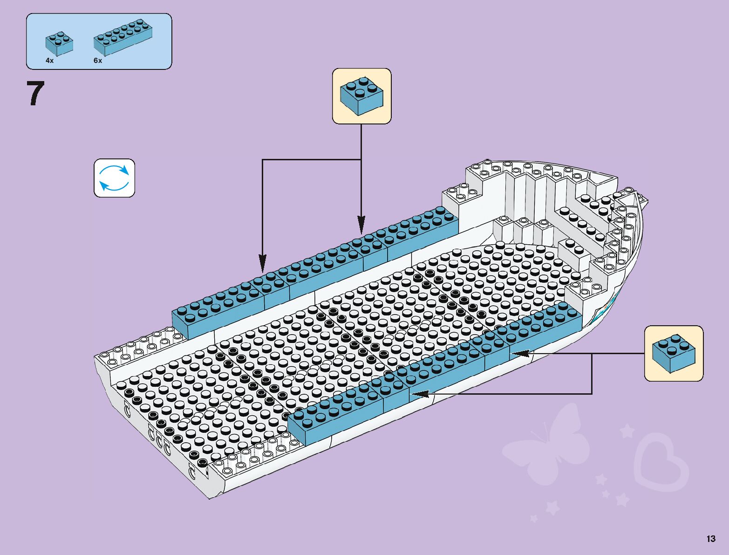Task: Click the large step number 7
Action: pos(35,93)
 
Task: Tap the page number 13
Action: pos(710,539)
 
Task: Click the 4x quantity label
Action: pos(49,61)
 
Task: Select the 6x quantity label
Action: pos(97,61)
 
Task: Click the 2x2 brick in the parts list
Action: pos(59,43)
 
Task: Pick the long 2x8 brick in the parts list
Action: pos(123,37)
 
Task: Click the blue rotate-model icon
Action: pos(114,178)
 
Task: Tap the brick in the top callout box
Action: pos(361,96)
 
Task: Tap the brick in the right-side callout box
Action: pos(674,353)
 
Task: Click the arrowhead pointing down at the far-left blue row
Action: pos(262,264)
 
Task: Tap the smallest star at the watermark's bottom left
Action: pos(534,518)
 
